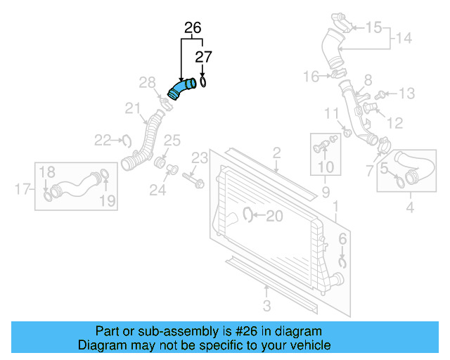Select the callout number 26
click(x=192, y=28)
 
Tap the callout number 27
click(x=202, y=57)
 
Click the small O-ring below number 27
click(x=202, y=83)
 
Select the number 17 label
click(x=21, y=188)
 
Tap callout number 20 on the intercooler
click(x=274, y=216)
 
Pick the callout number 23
click(x=200, y=156)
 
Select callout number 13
click(x=408, y=94)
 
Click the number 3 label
click(x=266, y=304)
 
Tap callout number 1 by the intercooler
click(x=335, y=205)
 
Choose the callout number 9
click(x=325, y=191)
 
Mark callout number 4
click(x=410, y=207)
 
